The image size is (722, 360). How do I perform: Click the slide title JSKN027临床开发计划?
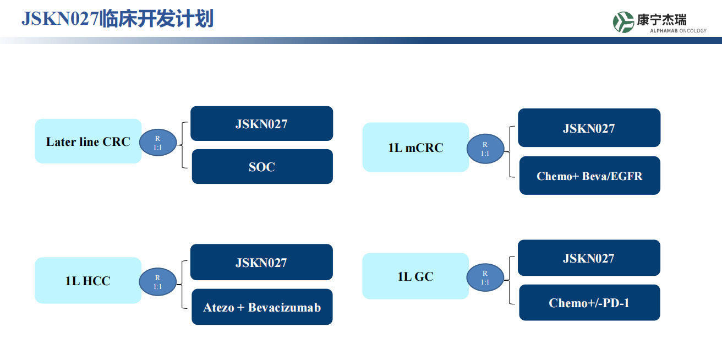[117, 19]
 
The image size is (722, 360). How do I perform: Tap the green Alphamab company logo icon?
[623, 22]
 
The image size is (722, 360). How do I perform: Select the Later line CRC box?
[88, 141]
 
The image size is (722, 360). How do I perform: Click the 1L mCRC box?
[415, 148]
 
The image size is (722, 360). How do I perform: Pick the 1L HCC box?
[88, 281]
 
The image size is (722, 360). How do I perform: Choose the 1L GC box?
[415, 276]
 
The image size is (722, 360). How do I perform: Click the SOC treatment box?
[262, 167]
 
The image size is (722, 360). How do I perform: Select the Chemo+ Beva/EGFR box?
[589, 176]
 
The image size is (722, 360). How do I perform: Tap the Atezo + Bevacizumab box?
[262, 307]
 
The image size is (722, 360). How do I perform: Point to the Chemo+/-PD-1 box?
[589, 303]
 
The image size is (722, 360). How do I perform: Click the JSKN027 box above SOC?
[261, 124]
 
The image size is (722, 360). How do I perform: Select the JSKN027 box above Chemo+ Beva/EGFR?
[589, 128]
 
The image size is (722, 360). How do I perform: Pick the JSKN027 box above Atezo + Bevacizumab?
[261, 263]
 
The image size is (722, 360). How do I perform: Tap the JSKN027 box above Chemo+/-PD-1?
[589, 258]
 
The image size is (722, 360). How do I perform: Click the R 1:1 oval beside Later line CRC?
[158, 143]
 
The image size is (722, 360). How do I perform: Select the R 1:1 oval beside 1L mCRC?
[485, 149]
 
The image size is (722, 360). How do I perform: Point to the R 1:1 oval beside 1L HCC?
[158, 282]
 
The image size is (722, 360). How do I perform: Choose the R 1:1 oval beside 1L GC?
[485, 277]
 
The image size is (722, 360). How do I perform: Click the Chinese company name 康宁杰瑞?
[661, 20]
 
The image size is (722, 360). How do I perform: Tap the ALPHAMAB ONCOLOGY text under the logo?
[670, 31]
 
